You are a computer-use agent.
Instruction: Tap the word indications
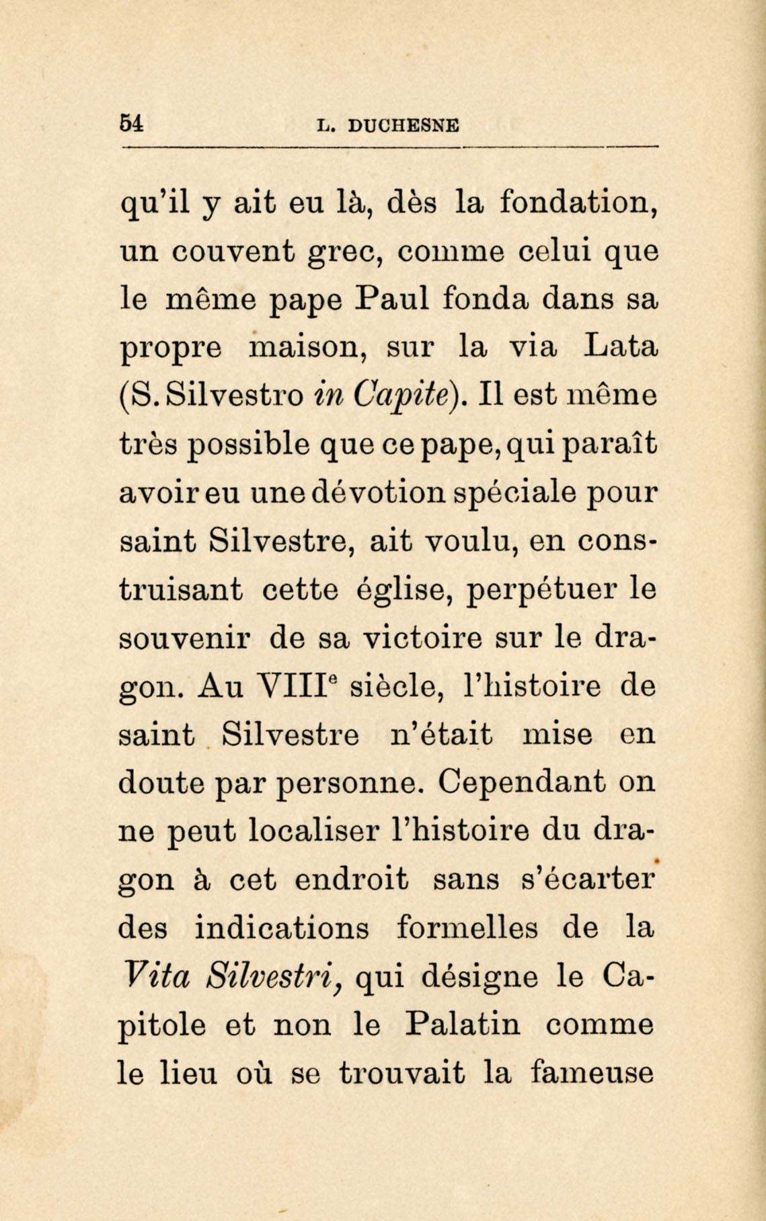point(282,928)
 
